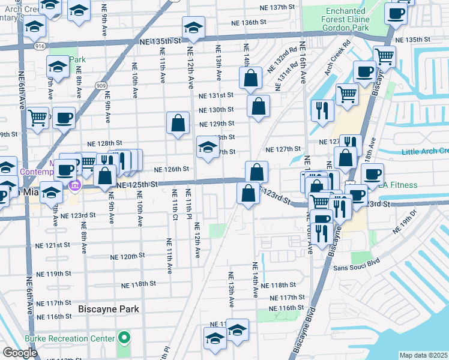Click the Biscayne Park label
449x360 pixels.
(109, 309)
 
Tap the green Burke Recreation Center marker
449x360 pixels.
(124, 338)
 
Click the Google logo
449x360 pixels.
(20, 353)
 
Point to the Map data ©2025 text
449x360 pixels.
(423, 355)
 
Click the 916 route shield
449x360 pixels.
(39, 46)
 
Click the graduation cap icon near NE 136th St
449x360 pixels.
(194, 27)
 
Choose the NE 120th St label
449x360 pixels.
(128, 256)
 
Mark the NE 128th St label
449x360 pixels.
(104, 144)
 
